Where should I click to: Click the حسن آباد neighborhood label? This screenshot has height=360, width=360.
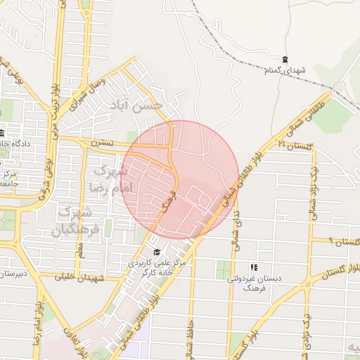(137, 105)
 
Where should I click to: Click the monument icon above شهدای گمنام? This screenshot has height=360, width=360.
(284, 60)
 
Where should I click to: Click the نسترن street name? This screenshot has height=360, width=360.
(97, 143)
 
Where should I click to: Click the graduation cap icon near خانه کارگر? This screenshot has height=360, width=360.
(156, 252)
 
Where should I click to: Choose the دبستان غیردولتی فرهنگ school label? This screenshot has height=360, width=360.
(255, 283)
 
